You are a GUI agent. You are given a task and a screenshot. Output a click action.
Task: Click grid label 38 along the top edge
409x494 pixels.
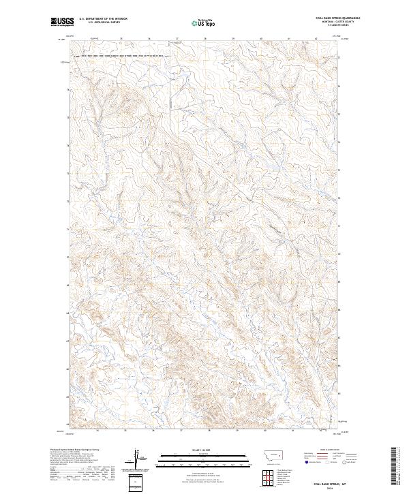point(205,39)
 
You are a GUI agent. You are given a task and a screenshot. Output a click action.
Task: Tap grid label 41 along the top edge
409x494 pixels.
point(288,39)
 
